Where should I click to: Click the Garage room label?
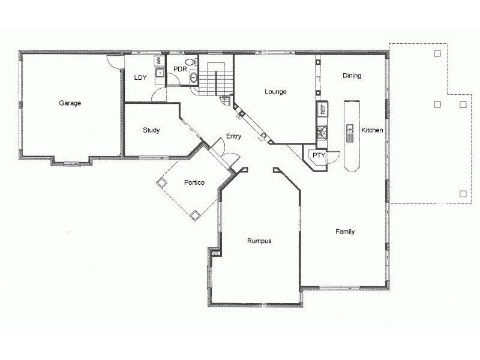(x=70, y=103)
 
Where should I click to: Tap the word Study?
(x=151, y=130)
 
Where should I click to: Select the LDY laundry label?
(x=140, y=77)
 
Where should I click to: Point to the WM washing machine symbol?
(x=159, y=61)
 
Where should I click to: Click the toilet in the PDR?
(x=190, y=62)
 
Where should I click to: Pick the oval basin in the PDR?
(x=194, y=77)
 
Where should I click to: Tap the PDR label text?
(x=180, y=70)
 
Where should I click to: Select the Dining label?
(x=352, y=76)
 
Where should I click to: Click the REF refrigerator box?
(x=322, y=109)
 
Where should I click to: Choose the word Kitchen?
(x=372, y=130)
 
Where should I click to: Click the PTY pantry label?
(x=319, y=155)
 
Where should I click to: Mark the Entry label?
(x=233, y=136)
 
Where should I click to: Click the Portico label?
(x=195, y=182)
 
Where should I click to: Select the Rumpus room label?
(x=259, y=241)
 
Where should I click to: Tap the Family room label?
(x=345, y=232)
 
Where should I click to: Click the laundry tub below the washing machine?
(x=160, y=73)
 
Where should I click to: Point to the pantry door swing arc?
(x=334, y=161)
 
